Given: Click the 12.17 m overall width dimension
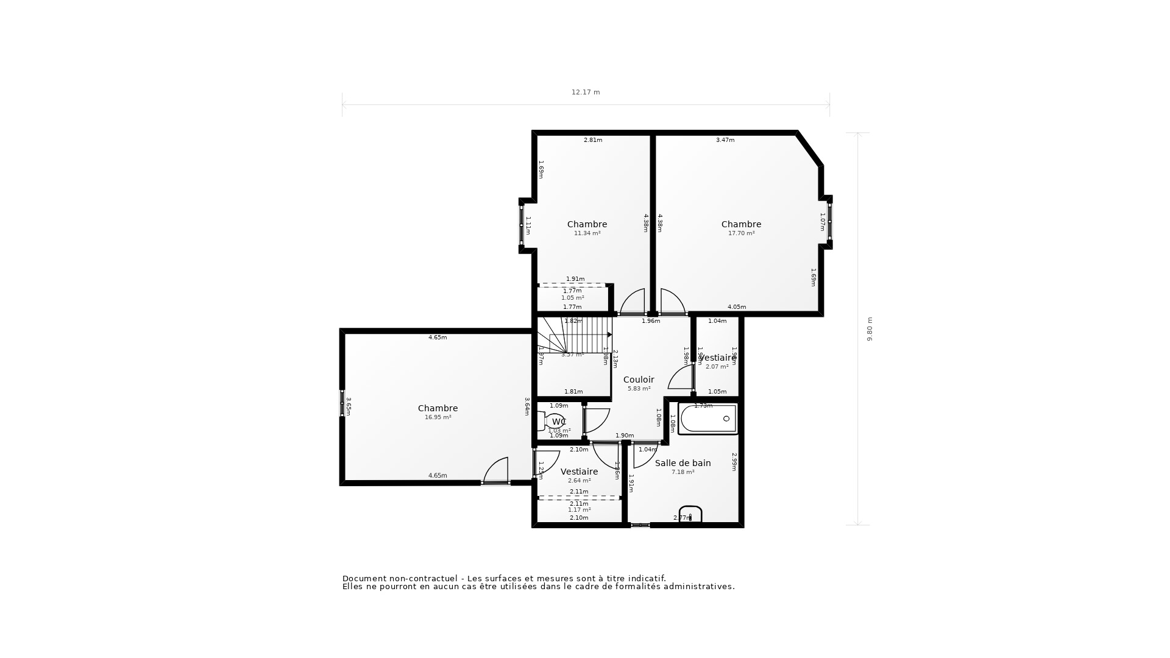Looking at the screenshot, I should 585,93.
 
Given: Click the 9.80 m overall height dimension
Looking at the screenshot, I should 870,329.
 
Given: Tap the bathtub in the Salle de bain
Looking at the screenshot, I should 708,419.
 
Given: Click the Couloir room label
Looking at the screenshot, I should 639,380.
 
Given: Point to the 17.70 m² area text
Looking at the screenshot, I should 741,233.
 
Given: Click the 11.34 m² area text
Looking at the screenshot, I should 587,233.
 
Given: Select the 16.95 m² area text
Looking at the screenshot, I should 438,417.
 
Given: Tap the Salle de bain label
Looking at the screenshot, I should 682,463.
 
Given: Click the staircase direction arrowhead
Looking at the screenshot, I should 609,334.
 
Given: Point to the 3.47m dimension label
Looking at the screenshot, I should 725,140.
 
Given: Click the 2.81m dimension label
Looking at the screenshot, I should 592,140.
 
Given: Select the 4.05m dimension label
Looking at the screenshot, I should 736,307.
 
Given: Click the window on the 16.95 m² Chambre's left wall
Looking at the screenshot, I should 342,403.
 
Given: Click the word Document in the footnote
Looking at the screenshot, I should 364,579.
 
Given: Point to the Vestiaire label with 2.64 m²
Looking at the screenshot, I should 579,472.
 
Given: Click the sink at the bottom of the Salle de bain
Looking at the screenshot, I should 690,515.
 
